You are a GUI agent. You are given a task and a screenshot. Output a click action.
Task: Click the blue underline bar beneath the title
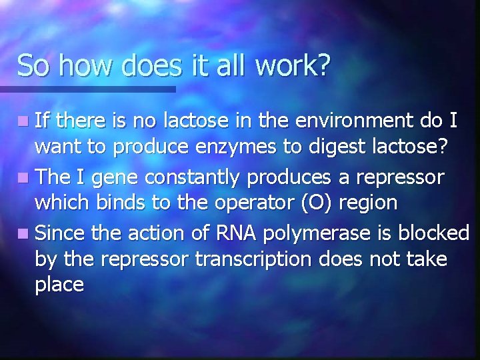tap(87, 89)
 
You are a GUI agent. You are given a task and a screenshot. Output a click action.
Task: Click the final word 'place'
tap(59, 285)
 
